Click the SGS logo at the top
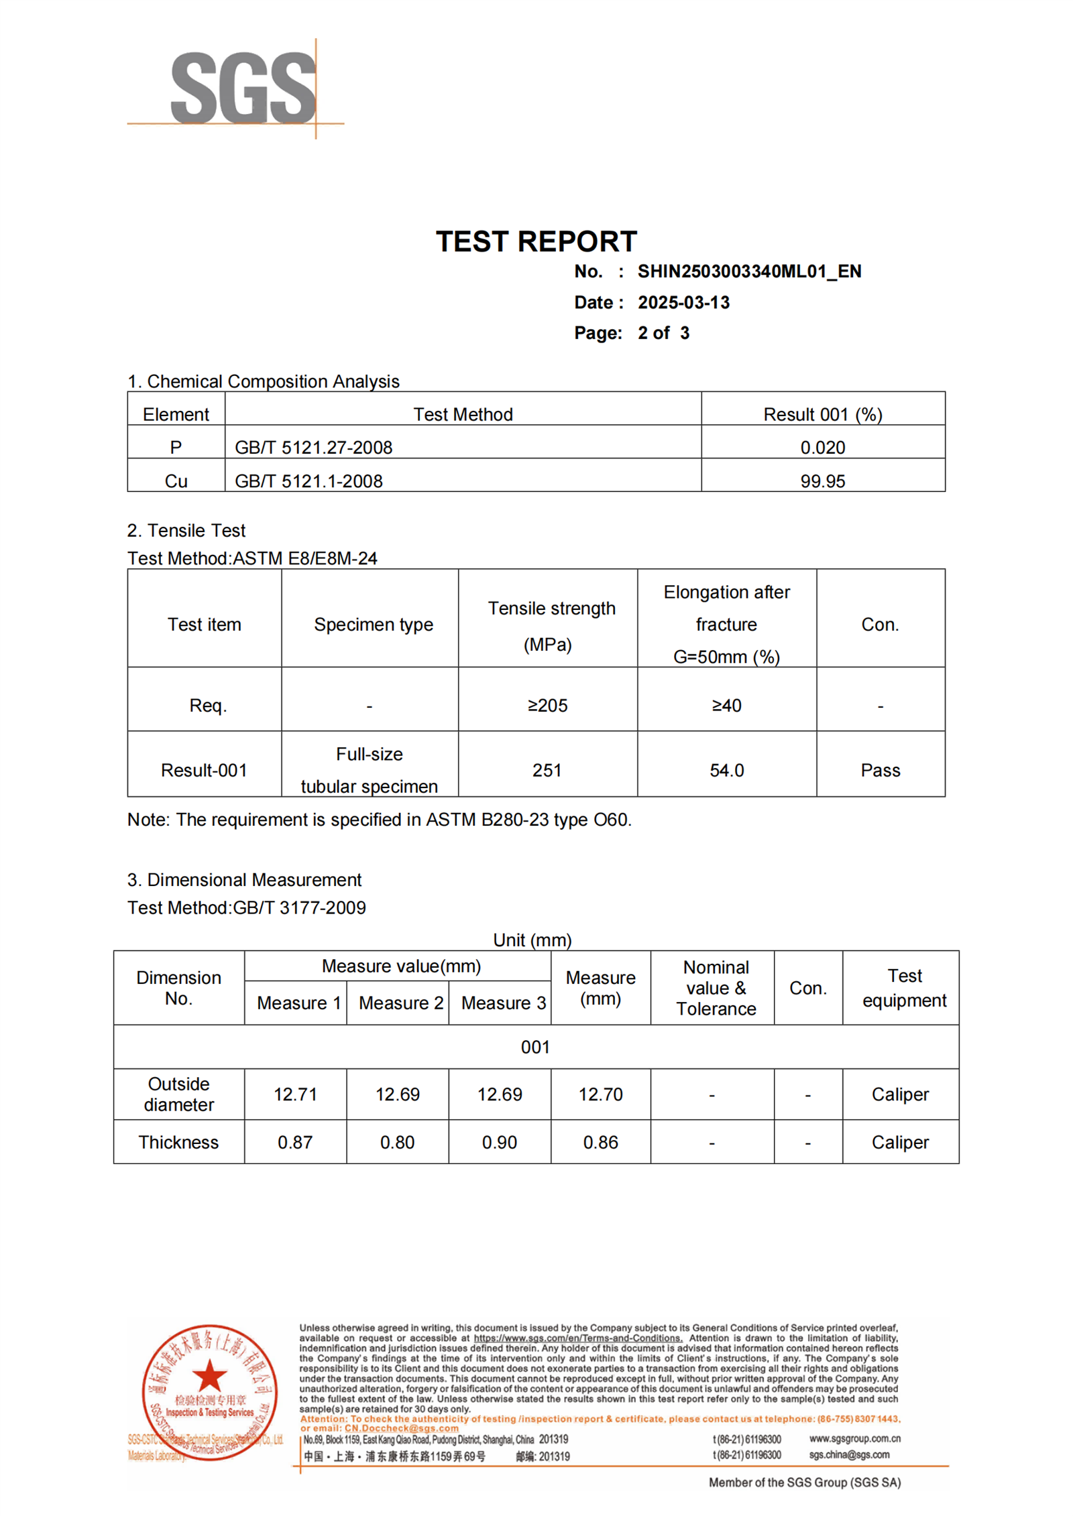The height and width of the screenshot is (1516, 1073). [x=242, y=87]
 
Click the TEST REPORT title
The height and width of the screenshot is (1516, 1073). [x=536, y=241]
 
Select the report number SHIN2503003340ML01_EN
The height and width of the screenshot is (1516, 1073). [x=749, y=271]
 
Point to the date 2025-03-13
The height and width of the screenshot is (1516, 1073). [x=683, y=302]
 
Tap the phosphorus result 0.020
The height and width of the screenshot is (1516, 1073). [x=822, y=447]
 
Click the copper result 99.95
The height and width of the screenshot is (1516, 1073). [x=822, y=481]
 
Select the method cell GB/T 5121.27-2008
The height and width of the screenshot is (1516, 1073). [x=313, y=447]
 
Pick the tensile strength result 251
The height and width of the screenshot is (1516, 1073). [x=547, y=770]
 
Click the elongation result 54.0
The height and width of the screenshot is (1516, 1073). [x=726, y=770]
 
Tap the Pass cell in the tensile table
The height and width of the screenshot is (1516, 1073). [x=880, y=770]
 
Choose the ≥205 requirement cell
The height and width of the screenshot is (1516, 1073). [x=547, y=705]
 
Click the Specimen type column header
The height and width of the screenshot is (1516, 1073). [x=373, y=624]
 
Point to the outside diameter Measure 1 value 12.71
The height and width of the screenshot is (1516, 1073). [x=295, y=1094]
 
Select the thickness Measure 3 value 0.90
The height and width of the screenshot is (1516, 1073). [x=499, y=1142]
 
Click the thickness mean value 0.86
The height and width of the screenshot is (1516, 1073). [x=600, y=1142]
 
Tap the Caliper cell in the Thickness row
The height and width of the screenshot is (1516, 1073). [x=900, y=1142]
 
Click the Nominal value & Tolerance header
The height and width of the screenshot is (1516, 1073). [x=716, y=987]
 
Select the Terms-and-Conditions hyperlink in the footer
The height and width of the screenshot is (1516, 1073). [x=577, y=1338]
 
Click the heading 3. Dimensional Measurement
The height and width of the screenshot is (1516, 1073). [x=244, y=879]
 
